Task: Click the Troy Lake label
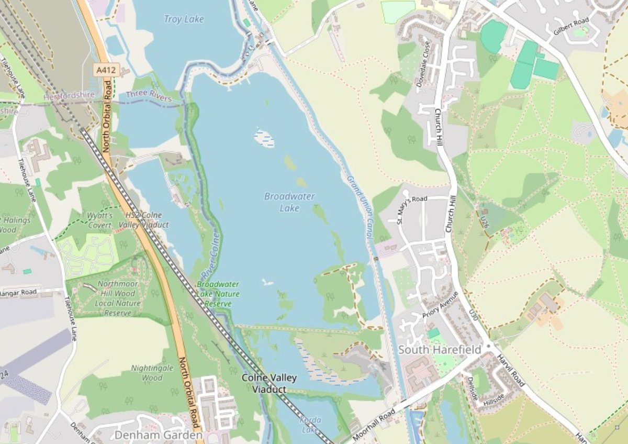184,19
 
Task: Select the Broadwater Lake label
289,202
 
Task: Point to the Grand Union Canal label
359,207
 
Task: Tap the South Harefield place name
439,350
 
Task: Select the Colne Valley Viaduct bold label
269,383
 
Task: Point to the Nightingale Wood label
152,372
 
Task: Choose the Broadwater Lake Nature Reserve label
218,294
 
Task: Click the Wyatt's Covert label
99,220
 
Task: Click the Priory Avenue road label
440,304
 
